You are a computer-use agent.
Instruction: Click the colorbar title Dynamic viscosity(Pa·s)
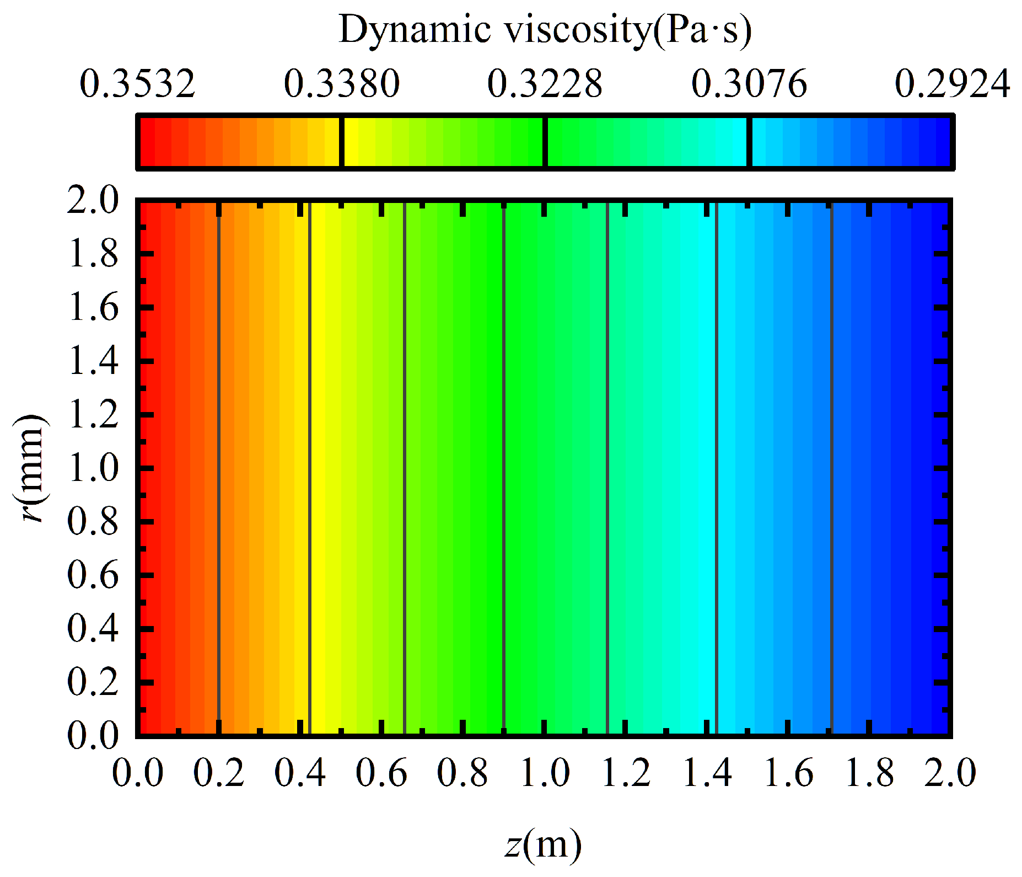coord(545,30)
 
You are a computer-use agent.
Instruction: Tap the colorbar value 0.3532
coord(138,84)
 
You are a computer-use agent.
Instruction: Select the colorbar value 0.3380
coord(342,84)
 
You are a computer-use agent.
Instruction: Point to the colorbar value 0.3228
coord(545,84)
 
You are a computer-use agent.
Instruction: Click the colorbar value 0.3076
coord(749,84)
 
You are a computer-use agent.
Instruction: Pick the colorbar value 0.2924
coord(953,84)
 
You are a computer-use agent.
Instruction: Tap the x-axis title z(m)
coord(544,844)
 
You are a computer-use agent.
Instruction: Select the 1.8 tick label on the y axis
coord(93,254)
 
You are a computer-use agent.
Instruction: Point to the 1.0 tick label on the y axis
coord(93,468)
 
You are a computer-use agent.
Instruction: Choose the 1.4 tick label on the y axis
coord(93,361)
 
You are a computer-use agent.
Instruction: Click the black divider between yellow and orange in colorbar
coord(342,142)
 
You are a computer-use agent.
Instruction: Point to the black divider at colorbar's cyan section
coord(749,142)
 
